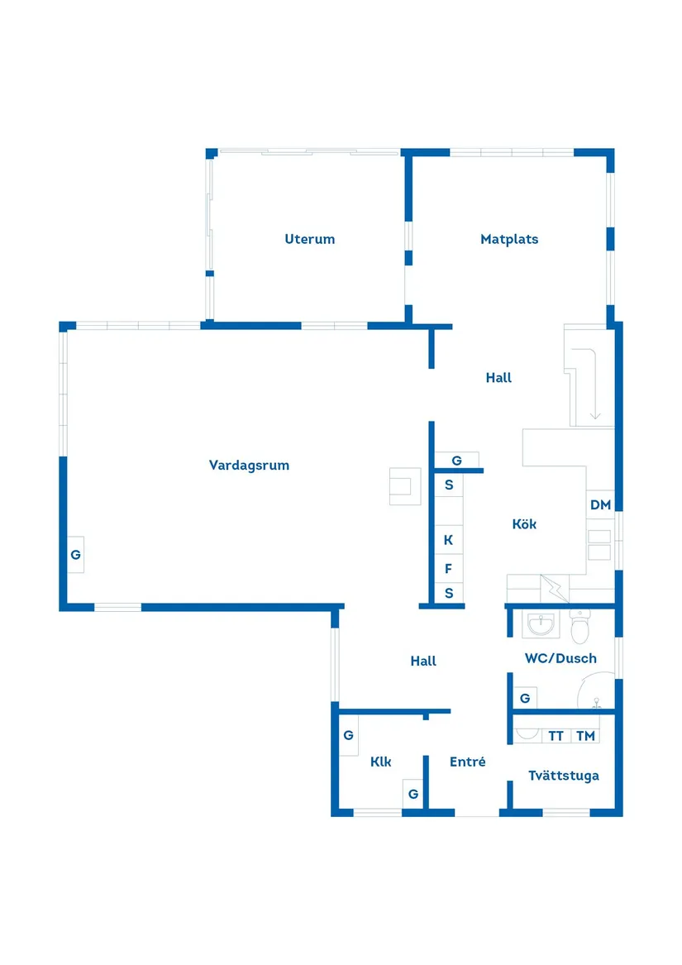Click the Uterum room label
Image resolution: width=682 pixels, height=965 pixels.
[310, 239]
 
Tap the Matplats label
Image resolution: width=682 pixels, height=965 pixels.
[509, 239]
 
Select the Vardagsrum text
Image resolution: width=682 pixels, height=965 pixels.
[249, 466]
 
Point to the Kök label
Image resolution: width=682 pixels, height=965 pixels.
[524, 523]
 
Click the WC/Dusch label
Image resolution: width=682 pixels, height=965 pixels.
[560, 658]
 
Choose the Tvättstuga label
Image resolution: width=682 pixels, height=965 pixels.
[564, 776]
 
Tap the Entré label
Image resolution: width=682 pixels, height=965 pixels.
[467, 762]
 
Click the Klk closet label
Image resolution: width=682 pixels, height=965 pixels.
[380, 762]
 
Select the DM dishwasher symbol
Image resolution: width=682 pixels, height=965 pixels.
[600, 505]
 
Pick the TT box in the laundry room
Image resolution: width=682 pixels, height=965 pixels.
[556, 736]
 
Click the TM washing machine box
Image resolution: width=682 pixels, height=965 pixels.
[585, 736]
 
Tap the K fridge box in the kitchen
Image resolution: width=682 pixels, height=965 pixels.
[449, 540]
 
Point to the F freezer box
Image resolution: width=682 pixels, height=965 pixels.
[449, 569]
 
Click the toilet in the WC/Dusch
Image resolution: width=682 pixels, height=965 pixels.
[580, 628]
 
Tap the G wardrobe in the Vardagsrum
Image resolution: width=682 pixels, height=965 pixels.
[75, 554]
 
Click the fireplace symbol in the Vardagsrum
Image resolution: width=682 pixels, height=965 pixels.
[405, 485]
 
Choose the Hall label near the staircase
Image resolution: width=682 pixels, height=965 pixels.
[498, 378]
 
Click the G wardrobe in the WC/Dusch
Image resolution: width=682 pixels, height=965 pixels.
[525, 699]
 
